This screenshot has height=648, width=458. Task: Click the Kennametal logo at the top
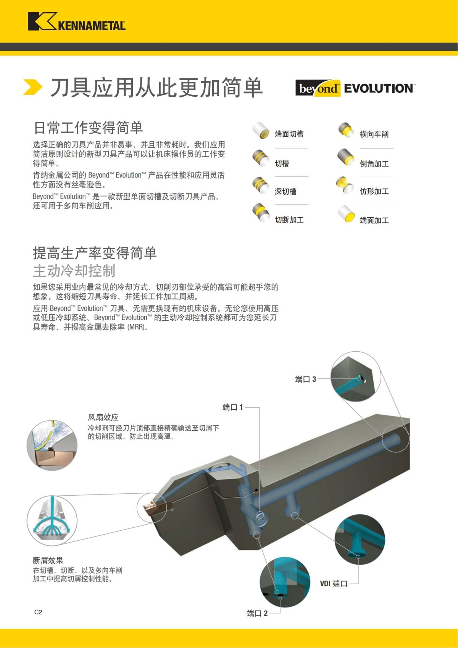click(x=76, y=22)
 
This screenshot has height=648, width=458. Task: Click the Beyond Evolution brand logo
click(x=355, y=88)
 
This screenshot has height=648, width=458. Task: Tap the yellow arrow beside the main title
click(x=32, y=87)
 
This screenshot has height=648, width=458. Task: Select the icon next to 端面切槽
click(x=261, y=131)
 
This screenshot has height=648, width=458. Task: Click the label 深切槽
click(x=285, y=192)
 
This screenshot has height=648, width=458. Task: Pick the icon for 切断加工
click(x=261, y=212)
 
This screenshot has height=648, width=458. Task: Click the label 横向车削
click(x=374, y=134)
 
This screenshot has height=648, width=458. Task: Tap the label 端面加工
click(x=374, y=220)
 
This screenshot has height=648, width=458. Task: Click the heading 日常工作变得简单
click(x=88, y=128)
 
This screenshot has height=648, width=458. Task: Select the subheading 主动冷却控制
click(x=74, y=271)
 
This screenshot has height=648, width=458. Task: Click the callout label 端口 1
click(x=233, y=407)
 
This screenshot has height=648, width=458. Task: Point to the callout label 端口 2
click(x=257, y=613)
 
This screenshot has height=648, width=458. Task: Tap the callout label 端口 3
click(x=305, y=379)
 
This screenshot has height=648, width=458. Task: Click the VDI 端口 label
click(x=334, y=583)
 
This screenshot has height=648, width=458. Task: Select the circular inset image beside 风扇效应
click(x=52, y=445)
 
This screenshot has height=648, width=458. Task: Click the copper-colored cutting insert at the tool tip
click(x=150, y=508)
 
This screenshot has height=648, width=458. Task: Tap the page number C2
click(x=38, y=612)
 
